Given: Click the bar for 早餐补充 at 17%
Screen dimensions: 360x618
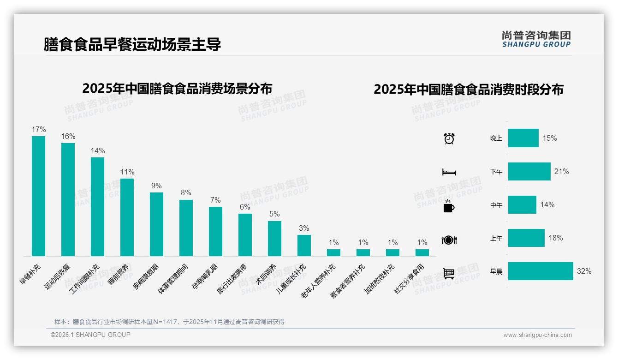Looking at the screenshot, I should point(38,196).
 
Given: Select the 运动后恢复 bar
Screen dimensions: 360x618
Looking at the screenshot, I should point(68,199).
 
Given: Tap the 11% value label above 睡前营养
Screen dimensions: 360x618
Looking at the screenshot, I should point(127,172).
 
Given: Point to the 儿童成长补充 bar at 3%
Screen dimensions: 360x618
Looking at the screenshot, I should point(304,246).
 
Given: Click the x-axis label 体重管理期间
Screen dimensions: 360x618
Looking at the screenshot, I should point(173,279).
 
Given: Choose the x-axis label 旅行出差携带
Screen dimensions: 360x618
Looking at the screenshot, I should point(232,279).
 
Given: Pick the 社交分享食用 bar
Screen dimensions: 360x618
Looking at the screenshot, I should point(422,252).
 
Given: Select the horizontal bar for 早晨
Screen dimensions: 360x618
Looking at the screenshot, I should point(541,271).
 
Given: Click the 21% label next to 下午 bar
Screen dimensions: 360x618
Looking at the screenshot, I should point(561,171).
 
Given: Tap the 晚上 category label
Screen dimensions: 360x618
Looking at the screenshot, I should point(496,138).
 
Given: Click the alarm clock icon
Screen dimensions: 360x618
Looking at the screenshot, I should point(449,138).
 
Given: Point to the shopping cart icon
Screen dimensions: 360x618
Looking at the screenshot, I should point(449,273).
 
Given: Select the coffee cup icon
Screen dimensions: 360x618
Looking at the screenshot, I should point(449,206).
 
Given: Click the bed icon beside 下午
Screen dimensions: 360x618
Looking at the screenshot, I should point(449,172).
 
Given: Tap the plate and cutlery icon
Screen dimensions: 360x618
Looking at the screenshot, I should point(449,240).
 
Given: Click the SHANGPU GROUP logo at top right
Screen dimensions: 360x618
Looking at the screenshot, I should point(536,39).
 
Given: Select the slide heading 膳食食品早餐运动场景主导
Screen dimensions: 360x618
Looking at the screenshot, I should point(132,44).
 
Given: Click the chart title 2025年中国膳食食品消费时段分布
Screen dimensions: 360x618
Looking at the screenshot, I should point(469,89).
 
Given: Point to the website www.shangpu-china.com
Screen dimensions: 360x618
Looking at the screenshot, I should point(537,335).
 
